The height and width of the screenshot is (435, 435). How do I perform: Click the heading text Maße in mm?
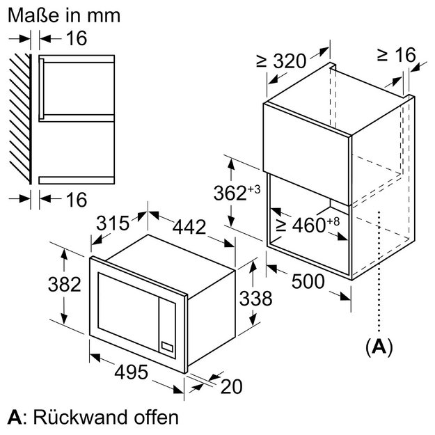coord(64,15)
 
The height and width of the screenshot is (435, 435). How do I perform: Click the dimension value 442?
coord(189,227)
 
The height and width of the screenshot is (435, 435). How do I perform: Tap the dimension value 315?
coord(113,223)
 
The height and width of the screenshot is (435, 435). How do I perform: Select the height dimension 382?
coord(64,285)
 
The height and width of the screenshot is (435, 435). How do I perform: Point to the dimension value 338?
coord(256,299)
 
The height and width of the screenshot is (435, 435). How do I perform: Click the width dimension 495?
coord(132,372)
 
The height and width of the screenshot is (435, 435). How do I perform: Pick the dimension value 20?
coord(231,386)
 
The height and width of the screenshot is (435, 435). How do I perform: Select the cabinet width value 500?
coord(308,281)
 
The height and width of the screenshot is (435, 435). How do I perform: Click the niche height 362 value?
coord(237,192)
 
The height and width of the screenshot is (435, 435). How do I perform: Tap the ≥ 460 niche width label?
coord(308,225)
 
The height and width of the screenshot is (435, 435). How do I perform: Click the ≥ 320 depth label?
coord(281,61)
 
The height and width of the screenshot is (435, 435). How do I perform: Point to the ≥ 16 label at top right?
coord(397,55)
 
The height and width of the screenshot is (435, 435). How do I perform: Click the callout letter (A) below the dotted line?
coord(379,347)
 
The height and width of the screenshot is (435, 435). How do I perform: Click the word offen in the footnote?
coord(156,417)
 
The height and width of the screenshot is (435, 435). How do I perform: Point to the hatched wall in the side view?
coord(20,119)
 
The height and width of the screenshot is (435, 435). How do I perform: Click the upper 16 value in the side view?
coord(77,38)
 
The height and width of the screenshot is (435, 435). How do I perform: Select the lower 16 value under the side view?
coord(77,199)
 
